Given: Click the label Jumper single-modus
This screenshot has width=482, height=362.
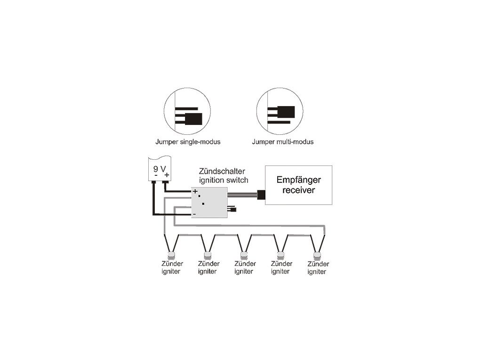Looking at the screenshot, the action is (x=188, y=141).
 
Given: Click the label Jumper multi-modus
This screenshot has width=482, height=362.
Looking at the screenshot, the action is (x=282, y=141).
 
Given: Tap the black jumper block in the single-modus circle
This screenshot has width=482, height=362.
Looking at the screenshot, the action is (x=193, y=118).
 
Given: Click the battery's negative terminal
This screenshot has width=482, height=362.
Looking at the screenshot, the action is (x=154, y=181).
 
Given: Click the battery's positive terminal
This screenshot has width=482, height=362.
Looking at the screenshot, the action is (x=165, y=181).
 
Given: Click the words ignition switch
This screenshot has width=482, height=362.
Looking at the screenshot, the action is (x=223, y=180).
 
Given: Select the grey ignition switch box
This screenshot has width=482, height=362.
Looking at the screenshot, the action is (x=209, y=203).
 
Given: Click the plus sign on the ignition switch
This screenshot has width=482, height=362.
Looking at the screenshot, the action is (x=195, y=191).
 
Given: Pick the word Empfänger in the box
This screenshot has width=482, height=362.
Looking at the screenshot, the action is (x=298, y=181).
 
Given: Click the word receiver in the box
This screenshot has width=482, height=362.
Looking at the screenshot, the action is (x=298, y=190).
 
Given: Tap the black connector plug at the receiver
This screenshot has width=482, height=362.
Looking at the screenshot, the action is (x=261, y=194).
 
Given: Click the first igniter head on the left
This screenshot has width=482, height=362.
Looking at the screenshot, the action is (x=171, y=255).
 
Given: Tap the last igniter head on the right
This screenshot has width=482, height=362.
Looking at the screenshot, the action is (x=317, y=255).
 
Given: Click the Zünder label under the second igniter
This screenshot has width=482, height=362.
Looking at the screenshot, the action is (x=209, y=264).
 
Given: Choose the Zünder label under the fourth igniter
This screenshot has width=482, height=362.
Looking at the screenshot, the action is (x=281, y=264).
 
